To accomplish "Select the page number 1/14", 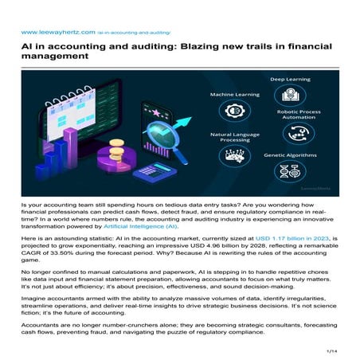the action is (x=333, y=350).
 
